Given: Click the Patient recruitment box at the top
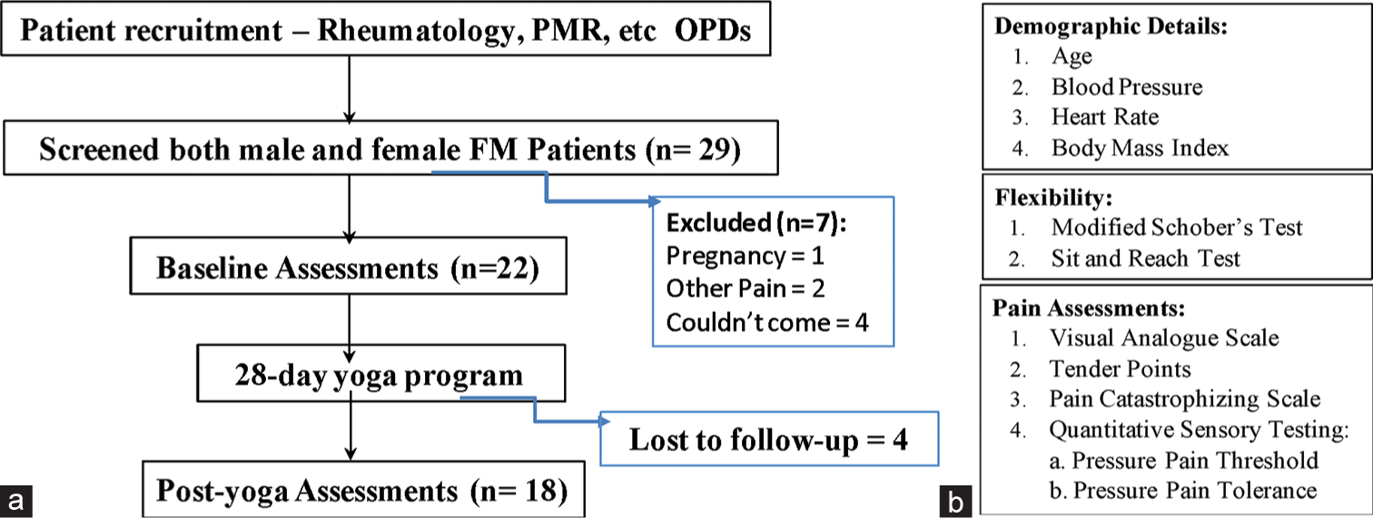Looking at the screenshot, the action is (386, 29).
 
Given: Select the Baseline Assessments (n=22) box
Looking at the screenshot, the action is (348, 267).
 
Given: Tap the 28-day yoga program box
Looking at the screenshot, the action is (380, 374).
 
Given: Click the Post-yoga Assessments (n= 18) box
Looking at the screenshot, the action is (363, 489).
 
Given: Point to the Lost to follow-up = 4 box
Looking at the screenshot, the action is (769, 439).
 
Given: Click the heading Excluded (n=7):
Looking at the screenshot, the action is (756, 222).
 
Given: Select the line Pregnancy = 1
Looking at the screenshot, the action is (745, 255).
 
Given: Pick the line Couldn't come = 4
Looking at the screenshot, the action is (767, 322).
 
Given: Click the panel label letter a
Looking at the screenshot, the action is (16, 502).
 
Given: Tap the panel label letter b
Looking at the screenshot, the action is (955, 502).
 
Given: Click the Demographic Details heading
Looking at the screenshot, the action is (1111, 26).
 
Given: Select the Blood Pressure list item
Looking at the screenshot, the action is (1127, 87).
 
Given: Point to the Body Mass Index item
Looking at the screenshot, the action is (1141, 148).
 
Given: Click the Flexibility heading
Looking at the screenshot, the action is (1053, 197).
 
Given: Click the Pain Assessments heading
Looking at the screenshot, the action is (1089, 308).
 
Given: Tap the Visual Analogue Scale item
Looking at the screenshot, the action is (1164, 337).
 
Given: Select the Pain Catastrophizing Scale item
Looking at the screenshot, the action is (1184, 398).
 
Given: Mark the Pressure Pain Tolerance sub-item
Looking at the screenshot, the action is (1183, 491).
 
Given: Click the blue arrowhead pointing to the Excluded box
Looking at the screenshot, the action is (656, 200).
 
